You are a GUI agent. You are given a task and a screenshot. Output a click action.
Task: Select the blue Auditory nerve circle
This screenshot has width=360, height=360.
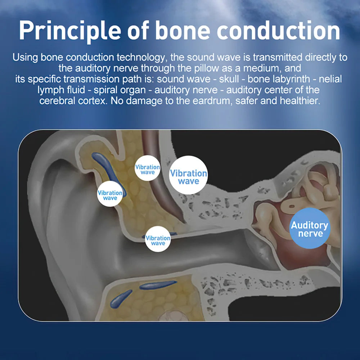(x=310, y=228)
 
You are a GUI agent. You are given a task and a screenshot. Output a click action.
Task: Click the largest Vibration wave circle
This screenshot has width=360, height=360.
(x=188, y=175)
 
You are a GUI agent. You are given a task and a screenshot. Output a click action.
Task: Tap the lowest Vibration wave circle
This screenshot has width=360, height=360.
(x=158, y=239)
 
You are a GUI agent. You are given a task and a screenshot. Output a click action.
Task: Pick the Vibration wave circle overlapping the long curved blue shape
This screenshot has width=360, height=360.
(x=110, y=194)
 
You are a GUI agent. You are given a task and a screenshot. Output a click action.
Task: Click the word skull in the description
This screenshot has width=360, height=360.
(x=229, y=79)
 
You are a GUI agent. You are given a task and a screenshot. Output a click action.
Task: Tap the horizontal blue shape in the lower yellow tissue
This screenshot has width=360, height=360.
(x=158, y=285)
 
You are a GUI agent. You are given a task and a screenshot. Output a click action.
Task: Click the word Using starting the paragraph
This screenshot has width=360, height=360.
(x=25, y=58)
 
